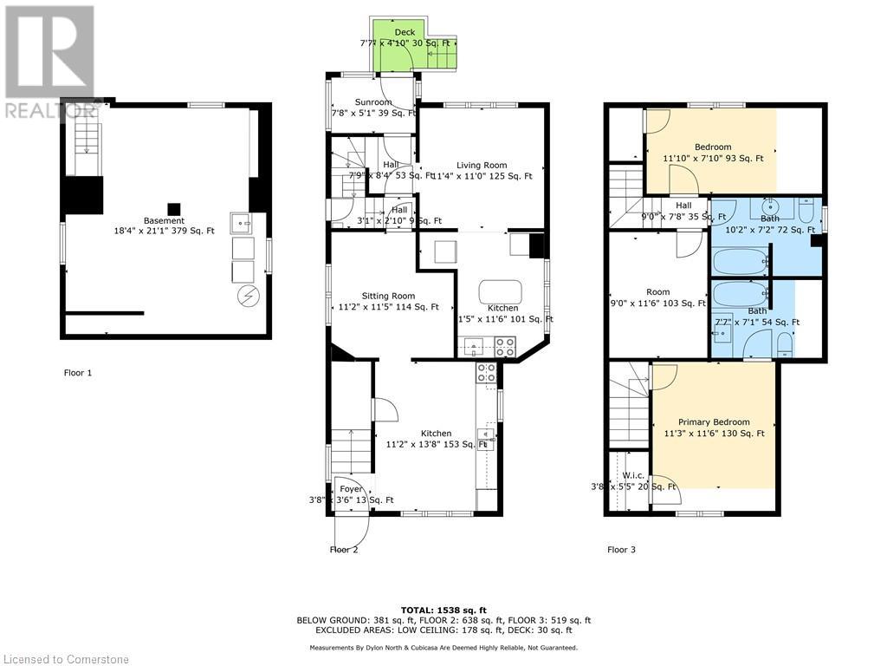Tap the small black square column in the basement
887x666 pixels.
tap(174, 209)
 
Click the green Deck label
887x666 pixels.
tap(405, 33)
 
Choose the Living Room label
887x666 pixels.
tap(482, 165)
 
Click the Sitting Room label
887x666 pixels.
tap(390, 296)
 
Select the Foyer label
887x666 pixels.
tap(351, 489)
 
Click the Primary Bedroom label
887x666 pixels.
tap(714, 422)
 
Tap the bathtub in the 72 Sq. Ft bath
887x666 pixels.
tap(740, 260)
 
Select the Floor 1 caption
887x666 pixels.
tap(78, 373)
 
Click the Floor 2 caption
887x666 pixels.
tap(344, 549)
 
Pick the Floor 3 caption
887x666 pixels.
tap(621, 549)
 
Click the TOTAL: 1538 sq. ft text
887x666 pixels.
tap(443, 610)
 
